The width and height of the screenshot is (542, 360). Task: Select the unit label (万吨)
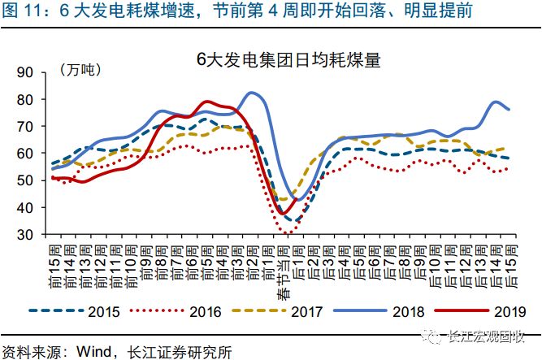[80, 71]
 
